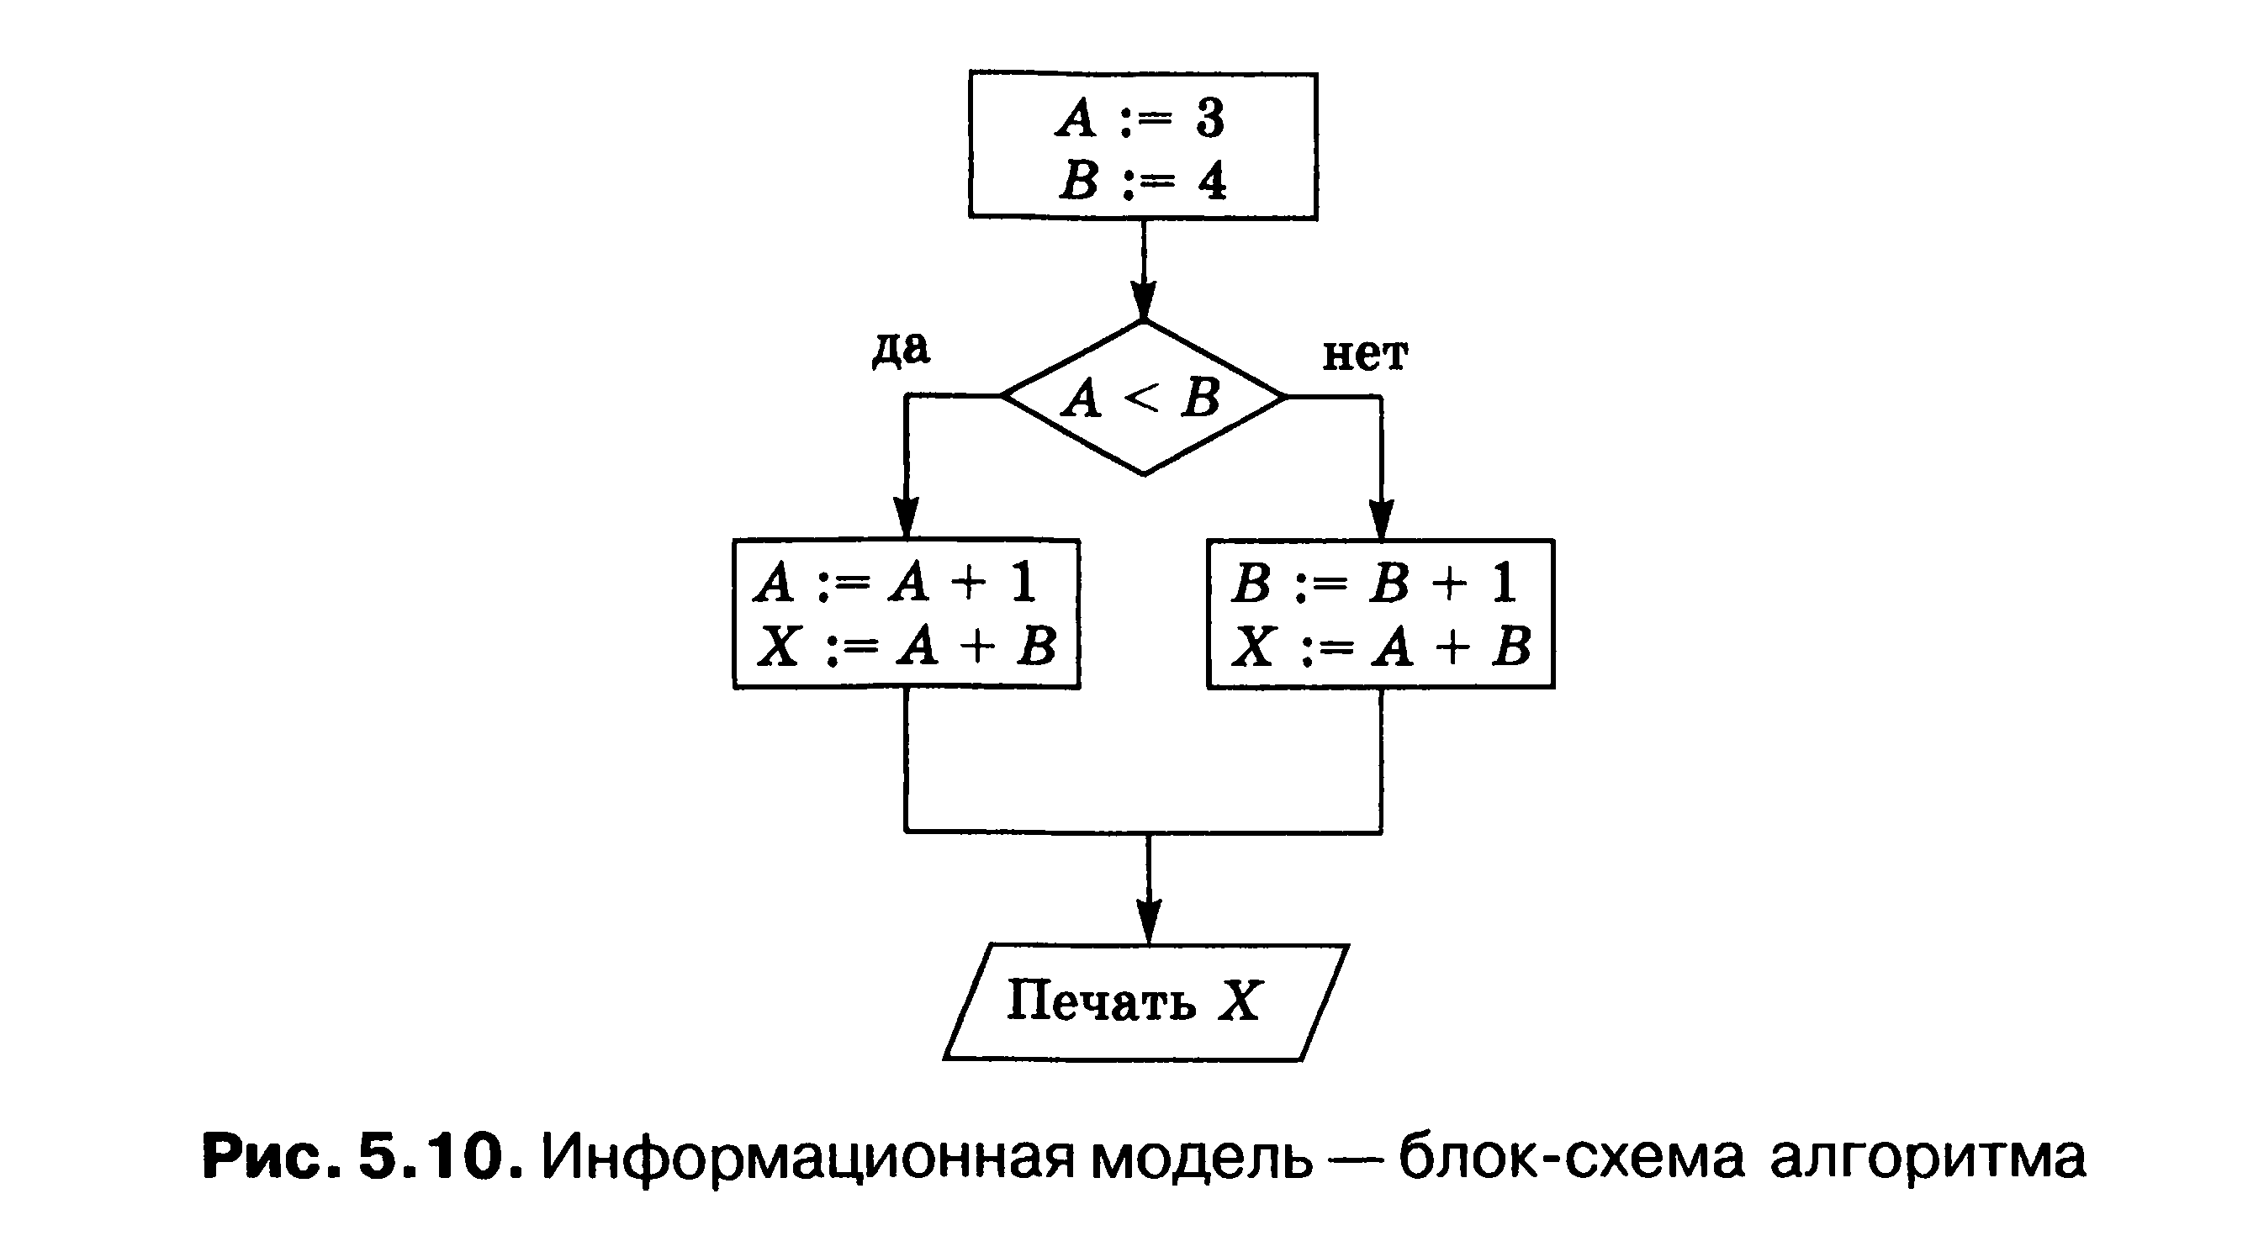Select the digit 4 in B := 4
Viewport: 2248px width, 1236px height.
(x=1211, y=182)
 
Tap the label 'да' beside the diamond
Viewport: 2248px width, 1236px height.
(x=901, y=349)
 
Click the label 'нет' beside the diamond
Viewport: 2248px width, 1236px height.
(x=1365, y=355)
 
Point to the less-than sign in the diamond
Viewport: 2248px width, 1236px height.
(x=1141, y=399)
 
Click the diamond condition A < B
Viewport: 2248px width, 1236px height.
(x=1142, y=399)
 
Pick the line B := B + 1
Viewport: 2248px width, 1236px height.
(x=1373, y=582)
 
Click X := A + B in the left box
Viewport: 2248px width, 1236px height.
(x=906, y=647)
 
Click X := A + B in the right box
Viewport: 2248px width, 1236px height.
(x=1381, y=647)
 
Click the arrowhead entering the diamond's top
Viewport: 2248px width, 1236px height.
(x=1143, y=301)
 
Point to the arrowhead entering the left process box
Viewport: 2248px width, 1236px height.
(x=907, y=519)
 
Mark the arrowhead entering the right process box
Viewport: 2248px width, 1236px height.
(x=1381, y=519)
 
